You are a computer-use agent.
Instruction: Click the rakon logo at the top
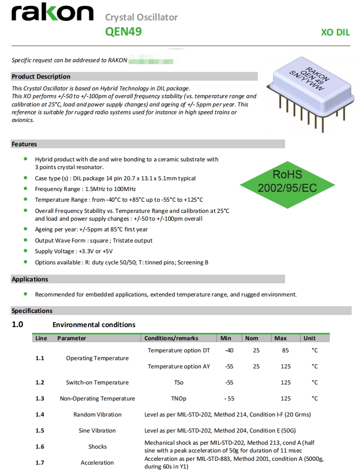click(x=52, y=14)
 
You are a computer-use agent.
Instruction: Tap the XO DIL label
click(x=335, y=33)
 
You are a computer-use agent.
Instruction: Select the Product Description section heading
click(x=41, y=76)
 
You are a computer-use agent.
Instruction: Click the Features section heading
click(x=24, y=144)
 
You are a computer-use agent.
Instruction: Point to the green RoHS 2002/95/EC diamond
click(x=287, y=181)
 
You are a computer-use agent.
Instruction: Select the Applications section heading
click(x=30, y=279)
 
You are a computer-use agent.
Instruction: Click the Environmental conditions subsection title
click(x=94, y=325)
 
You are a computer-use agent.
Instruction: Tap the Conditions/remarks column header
click(x=171, y=338)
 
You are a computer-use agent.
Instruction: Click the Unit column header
click(x=309, y=338)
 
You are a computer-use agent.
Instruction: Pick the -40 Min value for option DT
click(x=229, y=350)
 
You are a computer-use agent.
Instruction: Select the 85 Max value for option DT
click(x=286, y=350)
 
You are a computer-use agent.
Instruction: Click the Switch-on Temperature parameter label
click(x=97, y=383)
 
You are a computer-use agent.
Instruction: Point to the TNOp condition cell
click(x=179, y=399)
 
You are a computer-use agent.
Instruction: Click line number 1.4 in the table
click(x=40, y=415)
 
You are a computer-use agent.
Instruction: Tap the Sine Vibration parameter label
click(x=97, y=431)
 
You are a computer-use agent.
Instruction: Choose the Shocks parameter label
click(x=97, y=447)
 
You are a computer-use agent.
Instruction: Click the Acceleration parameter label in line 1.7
click(x=97, y=463)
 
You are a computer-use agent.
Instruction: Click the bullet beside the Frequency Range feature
click(x=25, y=189)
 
